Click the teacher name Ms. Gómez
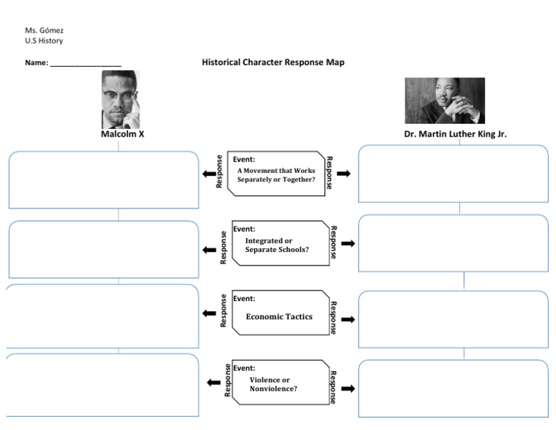click(x=44, y=30)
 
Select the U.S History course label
click(x=43, y=41)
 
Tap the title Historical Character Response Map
click(x=273, y=62)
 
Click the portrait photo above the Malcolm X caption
click(x=119, y=99)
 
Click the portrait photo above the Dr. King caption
click(x=445, y=101)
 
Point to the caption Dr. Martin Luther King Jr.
click(x=455, y=134)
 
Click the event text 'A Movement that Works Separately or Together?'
click(x=276, y=174)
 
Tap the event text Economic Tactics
click(x=279, y=316)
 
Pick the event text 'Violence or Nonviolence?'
click(x=273, y=384)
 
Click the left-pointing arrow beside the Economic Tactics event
click(x=209, y=314)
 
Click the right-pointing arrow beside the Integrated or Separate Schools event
click(x=347, y=244)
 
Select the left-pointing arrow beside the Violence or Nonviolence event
click(x=213, y=382)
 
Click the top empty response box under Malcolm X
click(x=104, y=180)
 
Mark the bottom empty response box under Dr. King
click(x=453, y=389)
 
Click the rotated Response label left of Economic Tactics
click(x=224, y=311)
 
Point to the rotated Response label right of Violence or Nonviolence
click(x=332, y=387)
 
